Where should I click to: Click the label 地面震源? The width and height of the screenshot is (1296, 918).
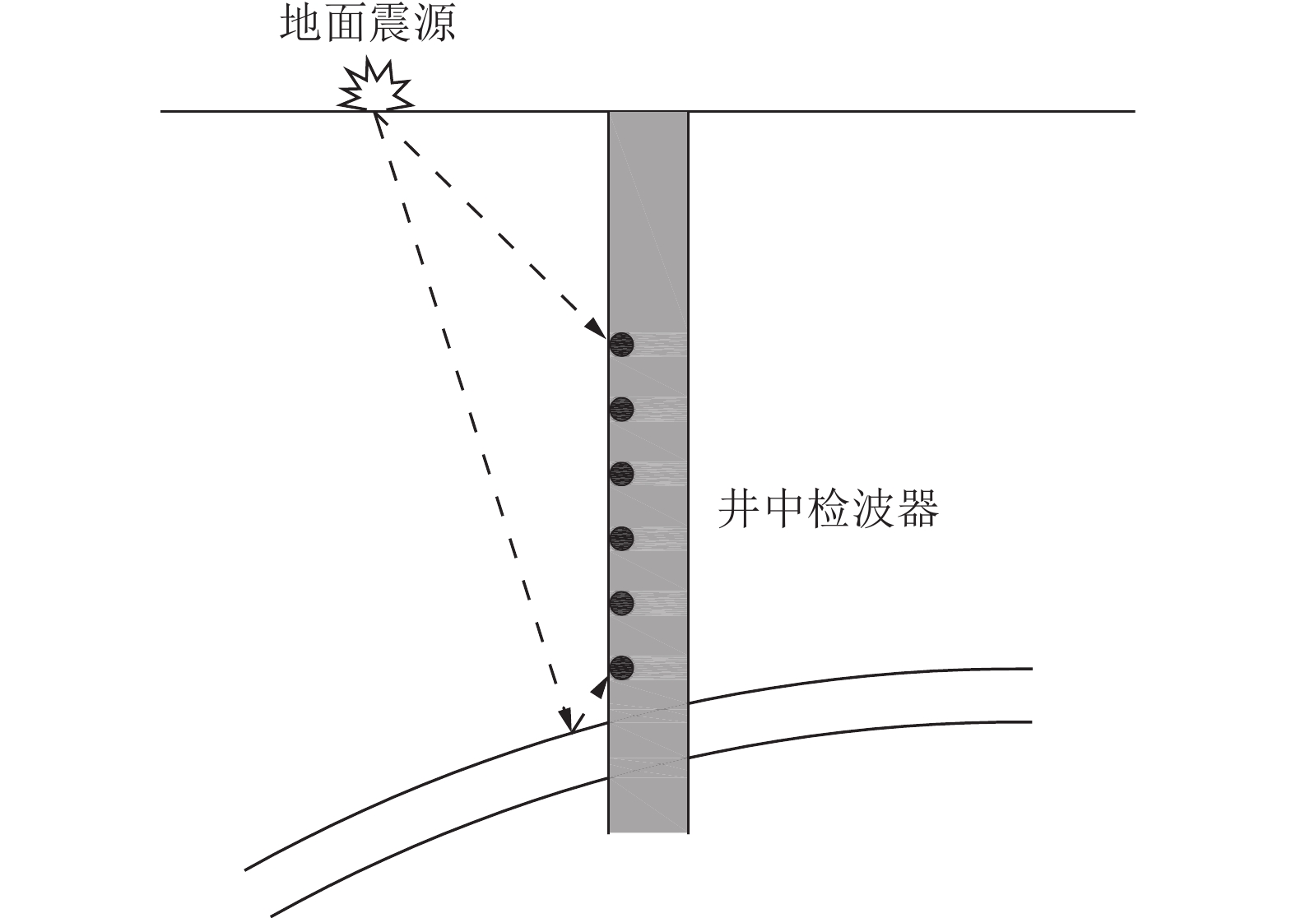coord(367,25)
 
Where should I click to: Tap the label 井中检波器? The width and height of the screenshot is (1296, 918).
coord(829,509)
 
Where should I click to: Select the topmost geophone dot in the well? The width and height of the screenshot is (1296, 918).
coord(621,344)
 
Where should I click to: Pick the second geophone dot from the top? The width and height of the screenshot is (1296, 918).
coord(621,409)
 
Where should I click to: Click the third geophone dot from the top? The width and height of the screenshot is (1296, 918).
coord(621,474)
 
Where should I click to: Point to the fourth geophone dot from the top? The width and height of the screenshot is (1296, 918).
coord(621,538)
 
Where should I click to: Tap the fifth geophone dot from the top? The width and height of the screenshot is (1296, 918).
coord(621,603)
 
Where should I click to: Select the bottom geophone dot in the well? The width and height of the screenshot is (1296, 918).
coord(621,667)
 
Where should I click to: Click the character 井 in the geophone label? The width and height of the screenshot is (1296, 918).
coord(736,509)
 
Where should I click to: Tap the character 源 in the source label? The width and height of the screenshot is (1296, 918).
coord(434,25)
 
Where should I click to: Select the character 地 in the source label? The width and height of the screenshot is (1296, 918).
coord(300,25)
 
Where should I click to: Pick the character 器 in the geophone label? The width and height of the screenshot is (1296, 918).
coord(919,509)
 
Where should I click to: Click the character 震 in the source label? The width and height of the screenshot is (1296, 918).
coord(389,25)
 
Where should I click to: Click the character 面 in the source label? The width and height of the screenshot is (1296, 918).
coord(345,25)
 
